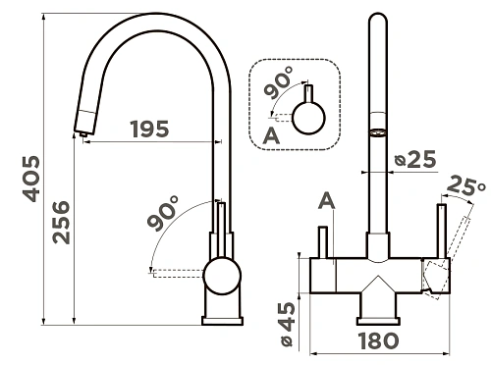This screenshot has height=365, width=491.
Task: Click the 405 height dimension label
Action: [x=31, y=179]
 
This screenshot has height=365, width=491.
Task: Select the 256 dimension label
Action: [x=61, y=223]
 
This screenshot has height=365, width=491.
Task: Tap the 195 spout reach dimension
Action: [x=150, y=129]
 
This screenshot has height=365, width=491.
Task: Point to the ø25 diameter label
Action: [x=415, y=159]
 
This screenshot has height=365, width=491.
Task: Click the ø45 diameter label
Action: [x=287, y=325]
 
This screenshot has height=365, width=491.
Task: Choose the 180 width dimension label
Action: [x=379, y=340]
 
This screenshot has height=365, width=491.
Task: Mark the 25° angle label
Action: [x=465, y=184]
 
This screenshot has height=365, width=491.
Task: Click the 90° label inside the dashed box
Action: [x=279, y=82]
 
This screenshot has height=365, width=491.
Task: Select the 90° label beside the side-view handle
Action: [x=163, y=213]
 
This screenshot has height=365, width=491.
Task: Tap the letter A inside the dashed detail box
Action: [x=271, y=135]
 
